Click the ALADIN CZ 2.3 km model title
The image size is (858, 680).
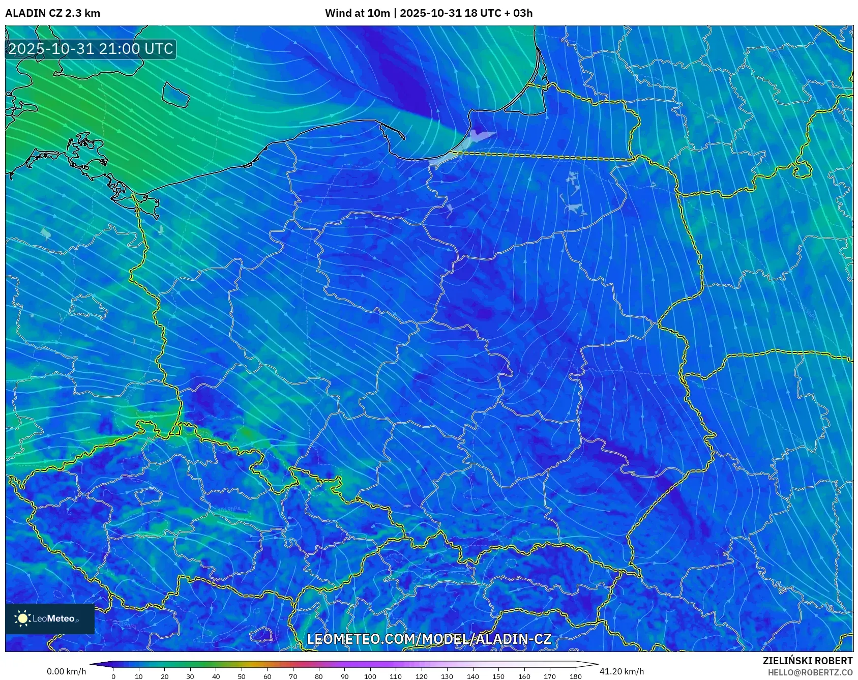52,13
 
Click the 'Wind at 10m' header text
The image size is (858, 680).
358,13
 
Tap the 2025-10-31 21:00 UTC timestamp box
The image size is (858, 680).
91,49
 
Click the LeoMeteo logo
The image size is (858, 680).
50,618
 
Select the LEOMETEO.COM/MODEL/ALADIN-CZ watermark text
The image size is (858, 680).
429,639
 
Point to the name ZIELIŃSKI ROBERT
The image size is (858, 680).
807,661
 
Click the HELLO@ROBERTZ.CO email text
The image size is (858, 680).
810,672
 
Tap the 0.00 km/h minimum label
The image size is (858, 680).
66,671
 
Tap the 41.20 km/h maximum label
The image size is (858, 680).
622,671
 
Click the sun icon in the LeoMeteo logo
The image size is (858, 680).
22,618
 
